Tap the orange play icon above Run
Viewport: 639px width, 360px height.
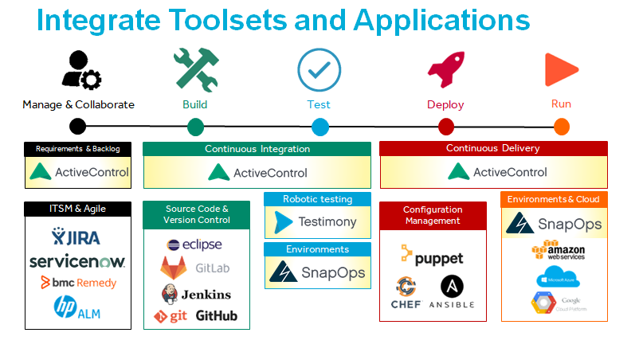pyautogui.click(x=561, y=70)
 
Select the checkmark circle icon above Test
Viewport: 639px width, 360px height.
pyautogui.click(x=319, y=71)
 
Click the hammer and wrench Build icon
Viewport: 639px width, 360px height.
pyautogui.click(x=195, y=70)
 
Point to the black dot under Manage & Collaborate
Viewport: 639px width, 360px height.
pyautogui.click(x=77, y=126)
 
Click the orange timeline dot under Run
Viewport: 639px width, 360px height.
pyautogui.click(x=561, y=126)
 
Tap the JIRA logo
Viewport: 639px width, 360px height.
pyautogui.click(x=77, y=237)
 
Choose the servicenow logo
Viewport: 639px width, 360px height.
pyautogui.click(x=77, y=261)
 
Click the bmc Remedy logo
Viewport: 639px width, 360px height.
pyautogui.click(x=78, y=283)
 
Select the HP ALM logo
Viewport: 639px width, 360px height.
pyautogui.click(x=77, y=307)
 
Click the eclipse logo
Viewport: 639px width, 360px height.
pyautogui.click(x=195, y=245)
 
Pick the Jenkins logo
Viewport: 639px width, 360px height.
pyautogui.click(x=195, y=292)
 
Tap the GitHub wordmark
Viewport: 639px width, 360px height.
pyautogui.click(x=216, y=315)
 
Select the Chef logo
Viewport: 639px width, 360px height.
pyautogui.click(x=406, y=292)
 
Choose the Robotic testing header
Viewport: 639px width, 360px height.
pyautogui.click(x=317, y=199)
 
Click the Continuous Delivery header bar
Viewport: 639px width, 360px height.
pyautogui.click(x=492, y=148)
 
